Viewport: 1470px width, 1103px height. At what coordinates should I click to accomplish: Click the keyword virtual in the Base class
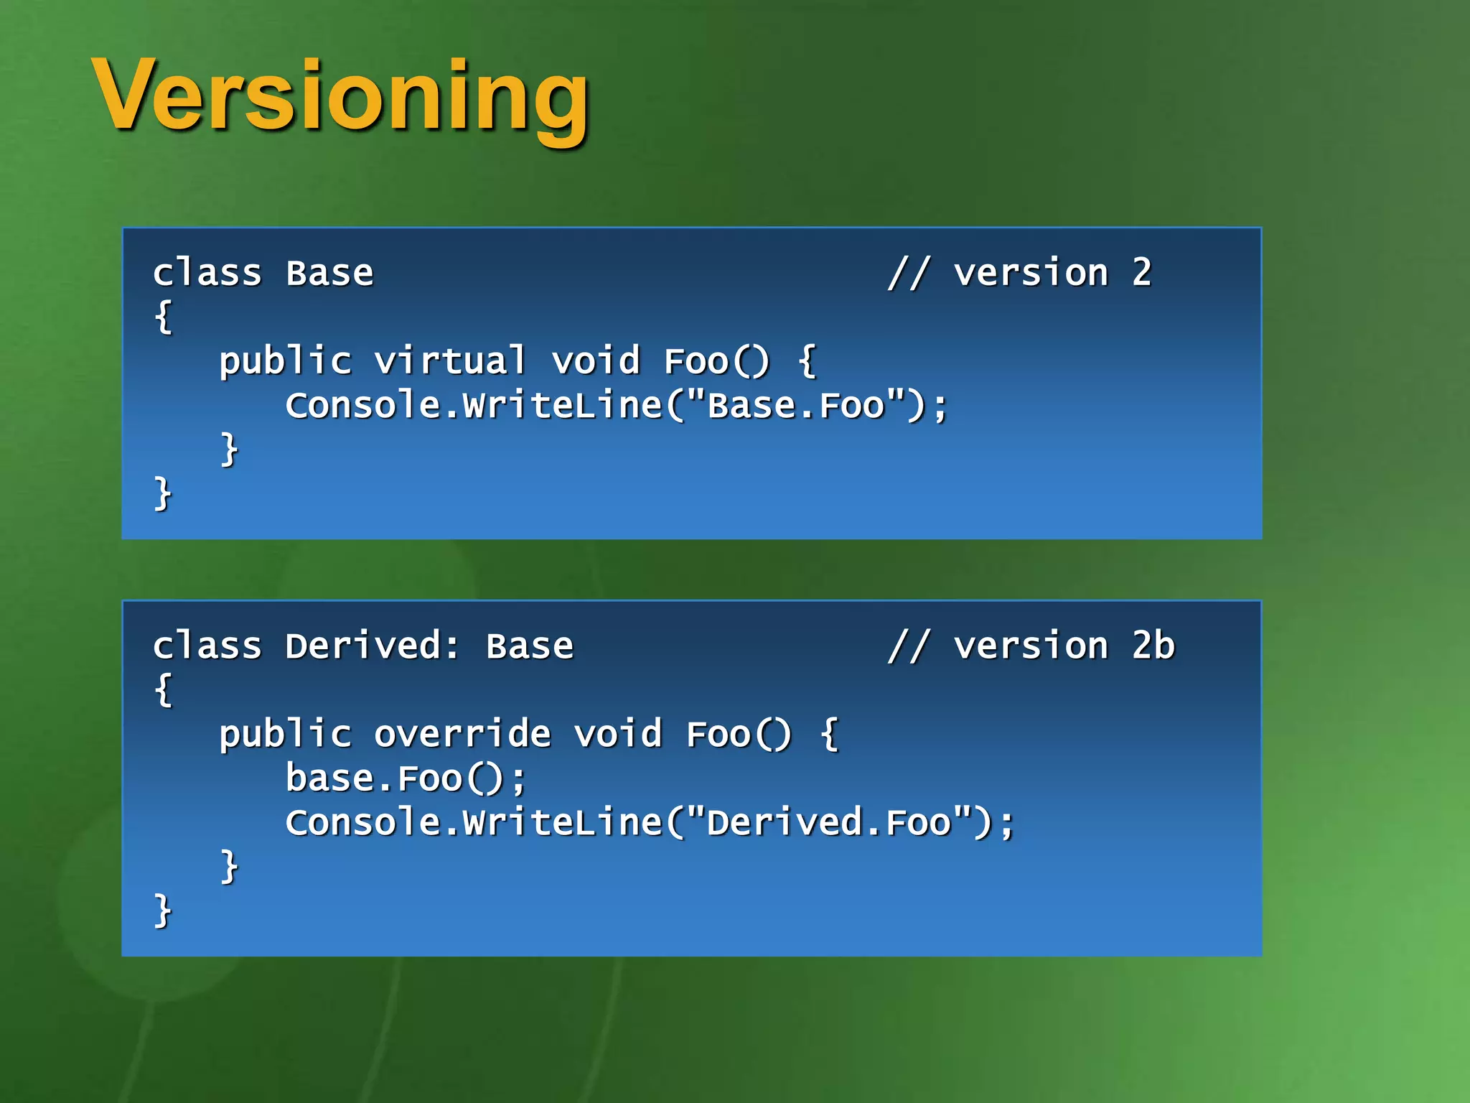(x=450, y=360)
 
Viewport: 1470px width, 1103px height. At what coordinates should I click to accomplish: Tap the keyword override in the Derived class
(x=462, y=734)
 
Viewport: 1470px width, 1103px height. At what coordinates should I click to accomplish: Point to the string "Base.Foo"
(x=796, y=405)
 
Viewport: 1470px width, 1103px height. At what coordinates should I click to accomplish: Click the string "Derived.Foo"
(x=829, y=822)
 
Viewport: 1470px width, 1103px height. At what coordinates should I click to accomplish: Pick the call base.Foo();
(x=406, y=778)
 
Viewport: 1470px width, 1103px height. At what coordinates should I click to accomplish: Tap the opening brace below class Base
(x=164, y=317)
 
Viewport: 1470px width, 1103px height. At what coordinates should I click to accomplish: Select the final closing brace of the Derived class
(x=164, y=911)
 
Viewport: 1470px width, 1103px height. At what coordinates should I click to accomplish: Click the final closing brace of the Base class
(x=164, y=493)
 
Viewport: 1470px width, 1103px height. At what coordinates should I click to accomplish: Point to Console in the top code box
(x=363, y=405)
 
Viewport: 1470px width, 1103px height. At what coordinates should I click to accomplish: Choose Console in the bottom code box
(x=363, y=822)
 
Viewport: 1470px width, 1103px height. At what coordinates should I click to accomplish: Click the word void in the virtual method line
(x=595, y=360)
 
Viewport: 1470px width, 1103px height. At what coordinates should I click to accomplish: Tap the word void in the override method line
(x=617, y=734)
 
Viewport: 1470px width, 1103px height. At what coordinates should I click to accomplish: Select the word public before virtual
(x=285, y=360)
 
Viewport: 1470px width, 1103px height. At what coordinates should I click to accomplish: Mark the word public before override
(x=285, y=734)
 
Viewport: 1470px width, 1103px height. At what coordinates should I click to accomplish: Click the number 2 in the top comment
(x=1141, y=273)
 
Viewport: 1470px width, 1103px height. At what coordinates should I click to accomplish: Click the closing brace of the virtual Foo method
(x=229, y=450)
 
